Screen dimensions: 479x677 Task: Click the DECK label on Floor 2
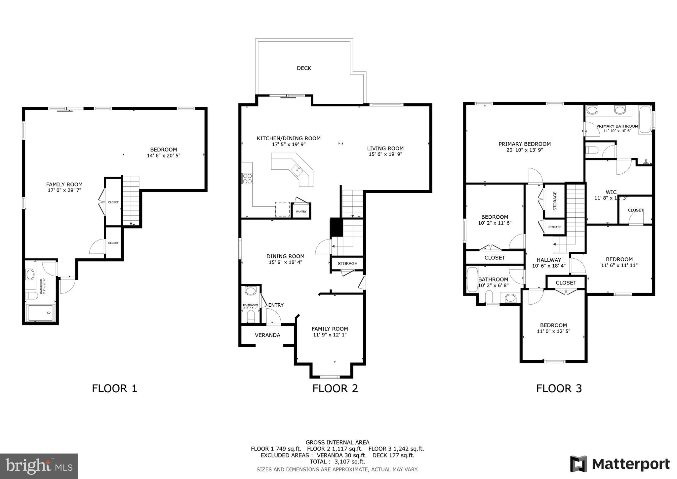tap(304, 68)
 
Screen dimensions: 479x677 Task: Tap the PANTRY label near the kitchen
tap(301, 211)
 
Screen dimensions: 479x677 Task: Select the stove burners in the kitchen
tap(247, 179)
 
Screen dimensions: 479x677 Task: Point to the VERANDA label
tap(267, 335)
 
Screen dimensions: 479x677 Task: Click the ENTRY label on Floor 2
tap(276, 305)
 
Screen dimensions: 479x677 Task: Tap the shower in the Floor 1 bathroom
tap(40, 313)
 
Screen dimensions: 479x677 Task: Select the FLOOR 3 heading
tap(559, 388)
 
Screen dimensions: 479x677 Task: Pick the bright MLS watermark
tap(39, 466)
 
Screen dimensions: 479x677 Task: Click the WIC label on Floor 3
tap(611, 192)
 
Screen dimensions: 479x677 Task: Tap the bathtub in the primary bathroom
tap(645, 119)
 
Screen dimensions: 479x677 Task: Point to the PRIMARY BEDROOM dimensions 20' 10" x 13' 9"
tap(525, 150)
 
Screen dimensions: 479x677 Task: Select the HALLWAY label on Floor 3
tap(549, 260)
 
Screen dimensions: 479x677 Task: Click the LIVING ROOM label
tap(385, 149)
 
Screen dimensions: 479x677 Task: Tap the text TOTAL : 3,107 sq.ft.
tap(337, 461)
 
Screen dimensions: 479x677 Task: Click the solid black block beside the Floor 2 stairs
tap(337, 227)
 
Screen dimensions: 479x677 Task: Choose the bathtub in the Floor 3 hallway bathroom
tap(472, 280)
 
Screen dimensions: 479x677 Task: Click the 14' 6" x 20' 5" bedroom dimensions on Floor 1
tap(164, 155)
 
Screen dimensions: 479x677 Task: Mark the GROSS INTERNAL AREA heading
tap(337, 442)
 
